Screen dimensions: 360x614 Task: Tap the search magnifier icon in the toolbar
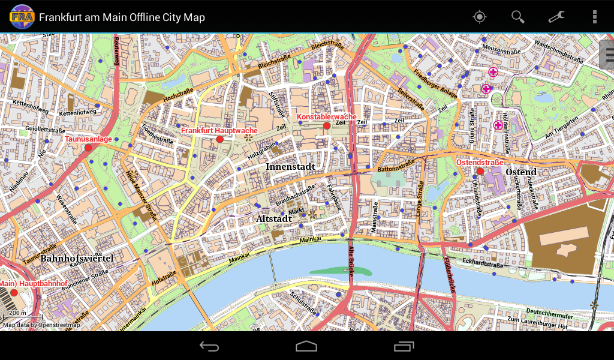[517, 17]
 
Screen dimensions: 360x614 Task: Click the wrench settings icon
[556, 17]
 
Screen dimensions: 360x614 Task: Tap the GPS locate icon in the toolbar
[479, 17]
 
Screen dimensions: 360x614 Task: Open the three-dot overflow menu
[594, 17]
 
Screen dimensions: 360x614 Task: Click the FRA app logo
[22, 17]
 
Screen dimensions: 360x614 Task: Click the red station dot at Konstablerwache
[327, 126]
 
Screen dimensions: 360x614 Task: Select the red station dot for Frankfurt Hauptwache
[219, 139]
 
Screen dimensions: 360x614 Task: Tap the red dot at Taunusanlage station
[88, 148]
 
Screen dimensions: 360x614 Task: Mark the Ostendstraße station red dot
[480, 171]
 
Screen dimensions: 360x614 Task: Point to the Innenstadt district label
[290, 166]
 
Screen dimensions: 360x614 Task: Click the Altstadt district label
[273, 219]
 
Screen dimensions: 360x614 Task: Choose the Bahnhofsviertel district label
[77, 259]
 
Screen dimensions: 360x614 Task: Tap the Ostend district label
[521, 172]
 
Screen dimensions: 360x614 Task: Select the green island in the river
[341, 271]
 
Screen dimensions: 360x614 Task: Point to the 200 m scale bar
[22, 316]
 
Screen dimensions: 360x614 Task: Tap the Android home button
[306, 346]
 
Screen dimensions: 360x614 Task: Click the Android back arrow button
[209, 346]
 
